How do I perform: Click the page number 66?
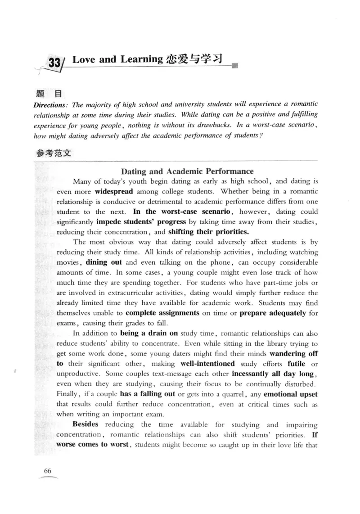(x=48, y=471)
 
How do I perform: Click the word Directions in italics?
(x=52, y=105)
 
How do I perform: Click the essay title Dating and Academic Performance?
(x=187, y=171)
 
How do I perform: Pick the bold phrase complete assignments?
(x=162, y=313)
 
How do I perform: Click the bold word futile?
(x=296, y=364)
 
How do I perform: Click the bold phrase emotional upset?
(x=290, y=394)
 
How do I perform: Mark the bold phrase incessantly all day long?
(x=274, y=374)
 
